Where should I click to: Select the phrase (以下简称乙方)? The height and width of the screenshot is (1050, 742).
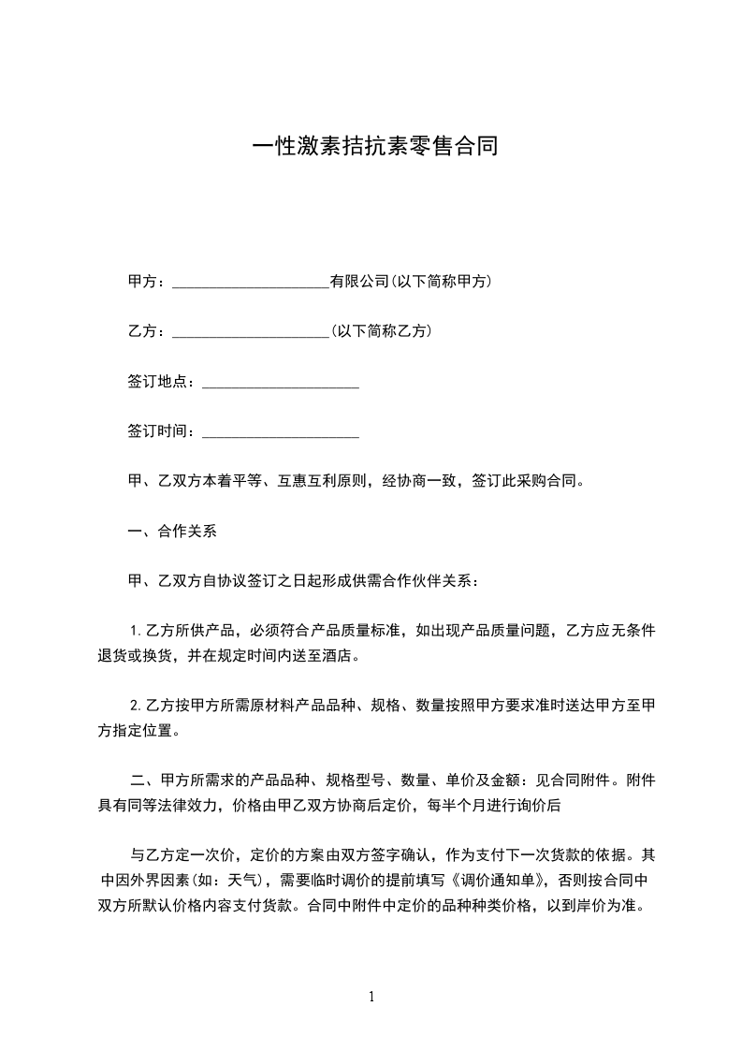(x=381, y=331)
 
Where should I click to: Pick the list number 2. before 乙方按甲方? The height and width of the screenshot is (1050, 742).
(x=136, y=705)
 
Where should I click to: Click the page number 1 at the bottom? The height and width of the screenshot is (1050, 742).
(x=371, y=997)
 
